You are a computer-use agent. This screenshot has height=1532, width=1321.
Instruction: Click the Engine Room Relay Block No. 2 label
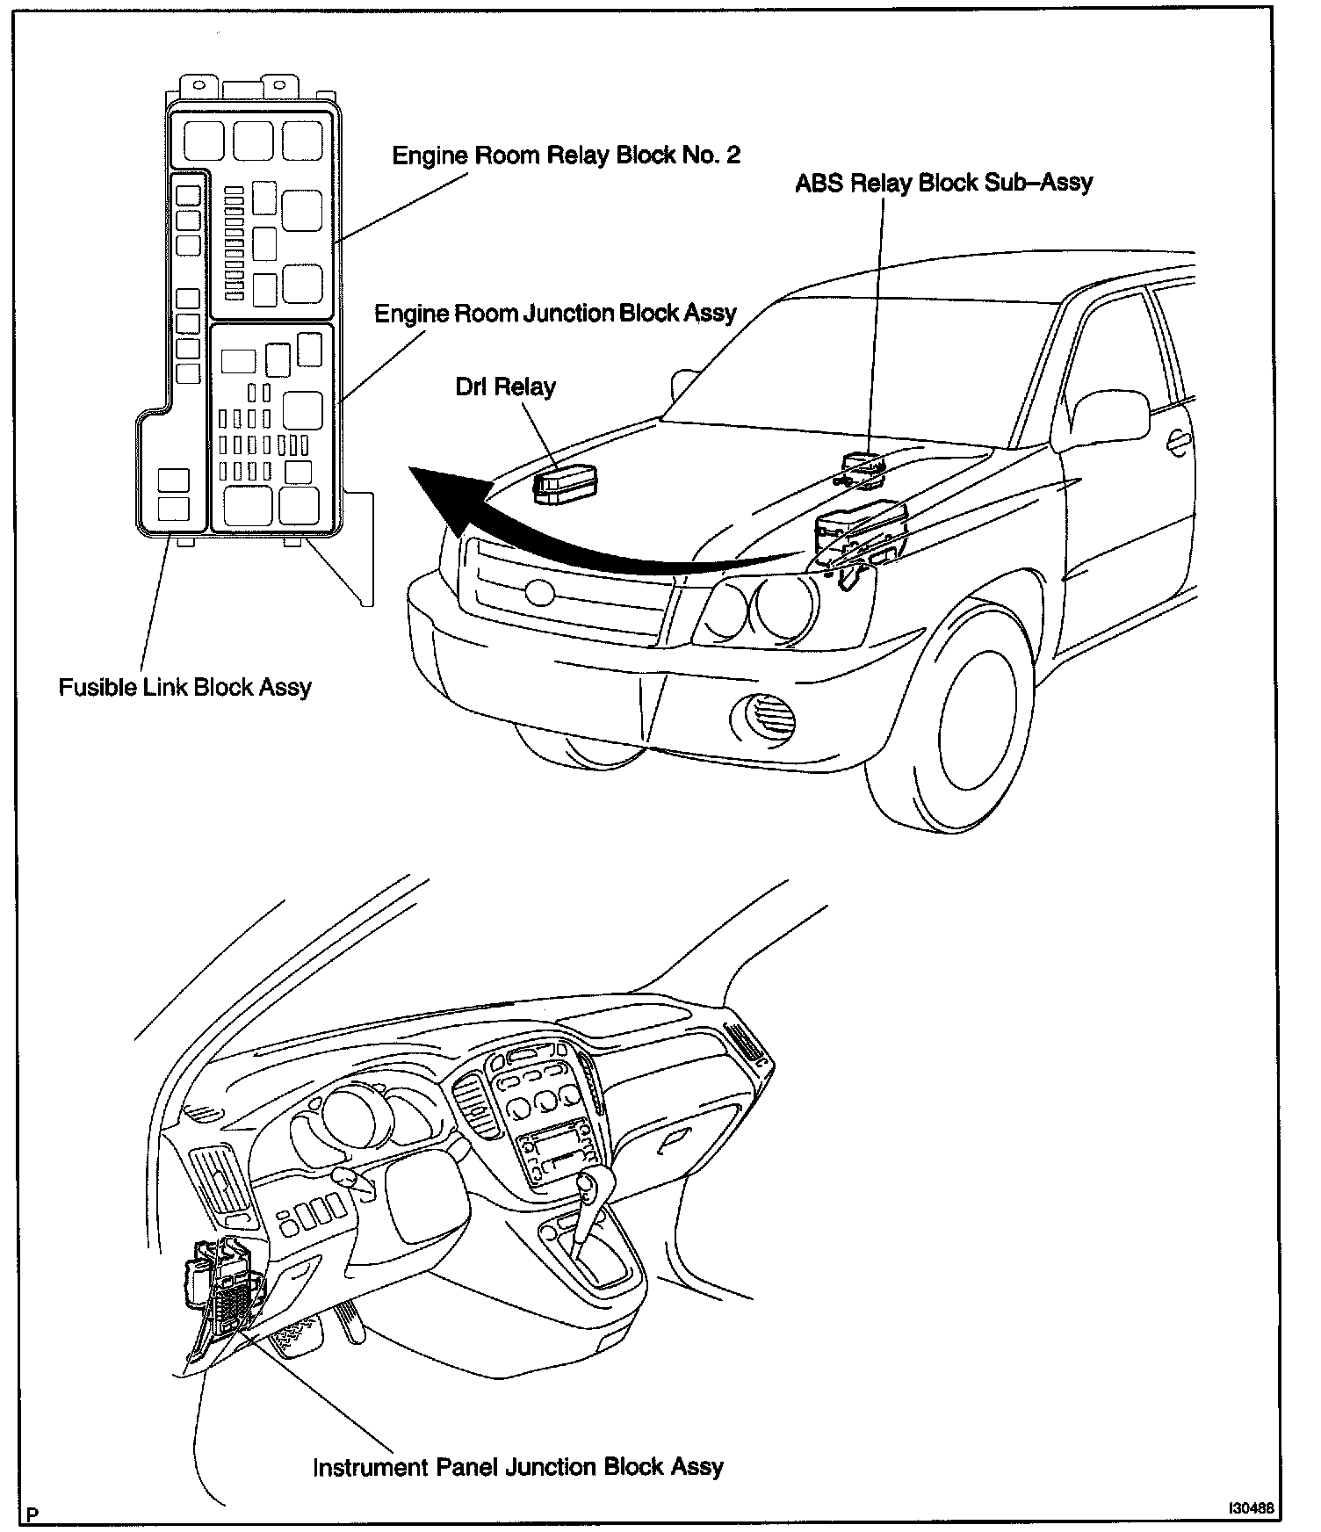[x=566, y=155]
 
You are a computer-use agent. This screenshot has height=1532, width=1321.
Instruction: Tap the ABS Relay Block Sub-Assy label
[x=943, y=183]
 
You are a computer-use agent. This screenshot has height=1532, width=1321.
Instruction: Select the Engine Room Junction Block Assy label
[x=555, y=314]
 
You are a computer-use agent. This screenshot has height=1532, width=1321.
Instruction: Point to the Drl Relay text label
[x=505, y=387]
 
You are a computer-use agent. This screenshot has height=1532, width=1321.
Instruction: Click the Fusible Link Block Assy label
[x=185, y=687]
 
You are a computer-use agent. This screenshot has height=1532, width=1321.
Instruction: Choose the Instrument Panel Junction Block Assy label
[x=518, y=1467]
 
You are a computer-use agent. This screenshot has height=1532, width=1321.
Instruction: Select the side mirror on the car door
[x=1111, y=418]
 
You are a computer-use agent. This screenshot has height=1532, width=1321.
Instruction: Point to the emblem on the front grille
[x=537, y=592]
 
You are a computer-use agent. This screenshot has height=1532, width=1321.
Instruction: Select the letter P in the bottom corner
[x=32, y=1514]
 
